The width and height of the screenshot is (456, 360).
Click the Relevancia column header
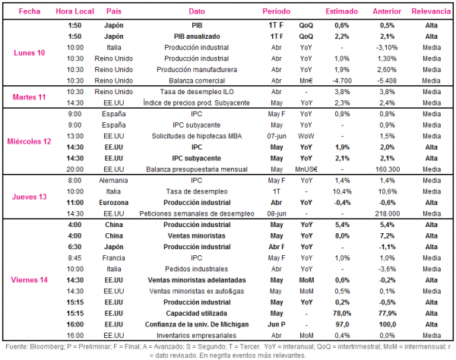pyautogui.click(x=431, y=11)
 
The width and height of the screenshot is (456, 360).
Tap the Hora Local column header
pyautogui.click(x=74, y=11)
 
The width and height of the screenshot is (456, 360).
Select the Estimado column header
pyautogui.click(x=342, y=11)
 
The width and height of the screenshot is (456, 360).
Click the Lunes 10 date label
pyautogui.click(x=30, y=53)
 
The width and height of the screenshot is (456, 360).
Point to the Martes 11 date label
pyautogui.click(x=29, y=97)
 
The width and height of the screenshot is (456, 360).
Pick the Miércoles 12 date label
pyautogui.click(x=29, y=141)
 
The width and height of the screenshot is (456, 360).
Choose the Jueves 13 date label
pyautogui.click(x=29, y=197)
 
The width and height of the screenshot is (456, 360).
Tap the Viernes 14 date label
pyautogui.click(x=29, y=280)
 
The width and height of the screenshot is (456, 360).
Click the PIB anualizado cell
pyautogui.click(x=197, y=36)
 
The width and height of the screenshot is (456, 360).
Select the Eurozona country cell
pyautogui.click(x=114, y=203)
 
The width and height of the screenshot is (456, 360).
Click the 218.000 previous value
pyautogui.click(x=388, y=214)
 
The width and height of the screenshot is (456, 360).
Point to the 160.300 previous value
pyautogui.click(x=388, y=169)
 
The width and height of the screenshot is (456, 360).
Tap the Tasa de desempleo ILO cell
pyautogui.click(x=197, y=92)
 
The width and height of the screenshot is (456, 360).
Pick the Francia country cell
pyautogui.click(x=114, y=258)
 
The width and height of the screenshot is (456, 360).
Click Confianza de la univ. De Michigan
pyautogui.click(x=197, y=324)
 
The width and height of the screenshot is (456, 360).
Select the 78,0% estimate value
pyautogui.click(x=342, y=314)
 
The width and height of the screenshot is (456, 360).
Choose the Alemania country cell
pyautogui.click(x=113, y=181)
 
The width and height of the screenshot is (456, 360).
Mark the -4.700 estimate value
pyautogui.click(x=342, y=81)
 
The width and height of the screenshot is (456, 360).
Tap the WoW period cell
pyautogui.click(x=306, y=136)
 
